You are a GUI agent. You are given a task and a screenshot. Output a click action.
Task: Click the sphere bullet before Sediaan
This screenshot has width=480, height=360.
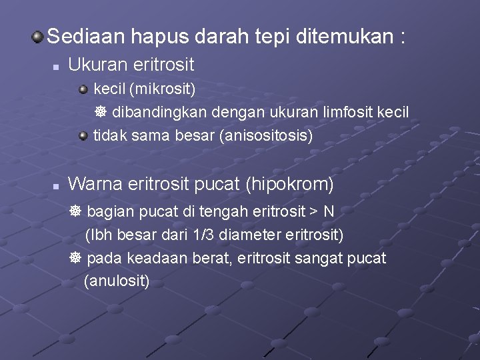(x=38, y=36)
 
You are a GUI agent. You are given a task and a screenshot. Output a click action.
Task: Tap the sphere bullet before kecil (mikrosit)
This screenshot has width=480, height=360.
(x=83, y=88)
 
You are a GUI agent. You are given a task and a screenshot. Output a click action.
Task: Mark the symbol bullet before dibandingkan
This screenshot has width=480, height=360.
(x=97, y=112)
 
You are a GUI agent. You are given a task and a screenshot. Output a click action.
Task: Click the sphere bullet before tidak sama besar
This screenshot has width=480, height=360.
(x=83, y=136)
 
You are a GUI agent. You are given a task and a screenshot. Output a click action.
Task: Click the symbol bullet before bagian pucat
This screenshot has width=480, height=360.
(x=75, y=211)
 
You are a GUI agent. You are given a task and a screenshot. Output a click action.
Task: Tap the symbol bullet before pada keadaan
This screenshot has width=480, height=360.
(x=75, y=258)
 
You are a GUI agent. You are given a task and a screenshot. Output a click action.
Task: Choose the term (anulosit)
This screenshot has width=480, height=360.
(x=117, y=281)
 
